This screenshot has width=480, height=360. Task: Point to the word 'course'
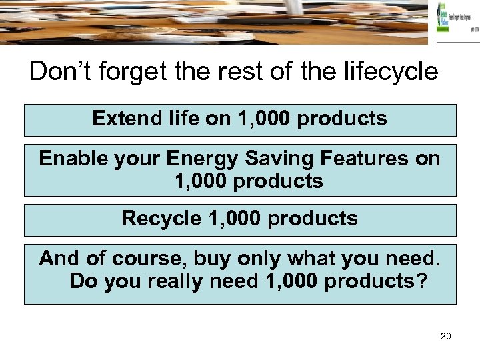pyautogui.click(x=141, y=258)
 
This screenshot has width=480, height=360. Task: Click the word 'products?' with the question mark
pyautogui.click(x=375, y=281)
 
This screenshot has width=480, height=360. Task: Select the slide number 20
pyautogui.click(x=446, y=336)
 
